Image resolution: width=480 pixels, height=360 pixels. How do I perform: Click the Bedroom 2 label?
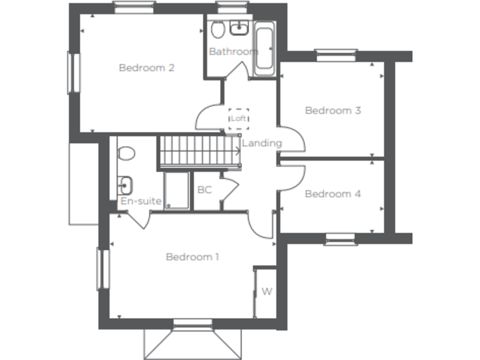click(146, 67)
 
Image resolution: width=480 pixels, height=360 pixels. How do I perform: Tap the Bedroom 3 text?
click(332, 111)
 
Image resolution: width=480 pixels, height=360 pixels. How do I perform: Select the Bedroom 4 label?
click(332, 194)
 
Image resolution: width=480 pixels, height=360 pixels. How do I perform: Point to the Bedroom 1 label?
click(192, 257)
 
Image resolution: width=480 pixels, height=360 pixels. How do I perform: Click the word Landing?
click(262, 143)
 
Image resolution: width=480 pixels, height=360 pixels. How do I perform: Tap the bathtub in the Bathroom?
click(264, 49)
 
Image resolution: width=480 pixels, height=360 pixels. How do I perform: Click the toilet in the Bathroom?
click(217, 30)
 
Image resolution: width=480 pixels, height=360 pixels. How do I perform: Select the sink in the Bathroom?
click(239, 28)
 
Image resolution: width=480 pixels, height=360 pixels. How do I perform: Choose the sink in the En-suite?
click(124, 184)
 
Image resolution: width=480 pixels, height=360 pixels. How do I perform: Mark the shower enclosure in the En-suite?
click(176, 191)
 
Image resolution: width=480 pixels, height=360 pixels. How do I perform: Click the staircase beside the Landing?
click(199, 151)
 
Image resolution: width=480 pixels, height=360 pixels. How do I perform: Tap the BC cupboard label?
click(204, 189)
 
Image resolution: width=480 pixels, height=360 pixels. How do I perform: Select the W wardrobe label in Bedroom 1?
click(266, 291)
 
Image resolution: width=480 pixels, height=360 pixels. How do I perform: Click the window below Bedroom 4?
click(340, 239)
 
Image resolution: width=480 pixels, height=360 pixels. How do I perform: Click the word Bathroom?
click(233, 51)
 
